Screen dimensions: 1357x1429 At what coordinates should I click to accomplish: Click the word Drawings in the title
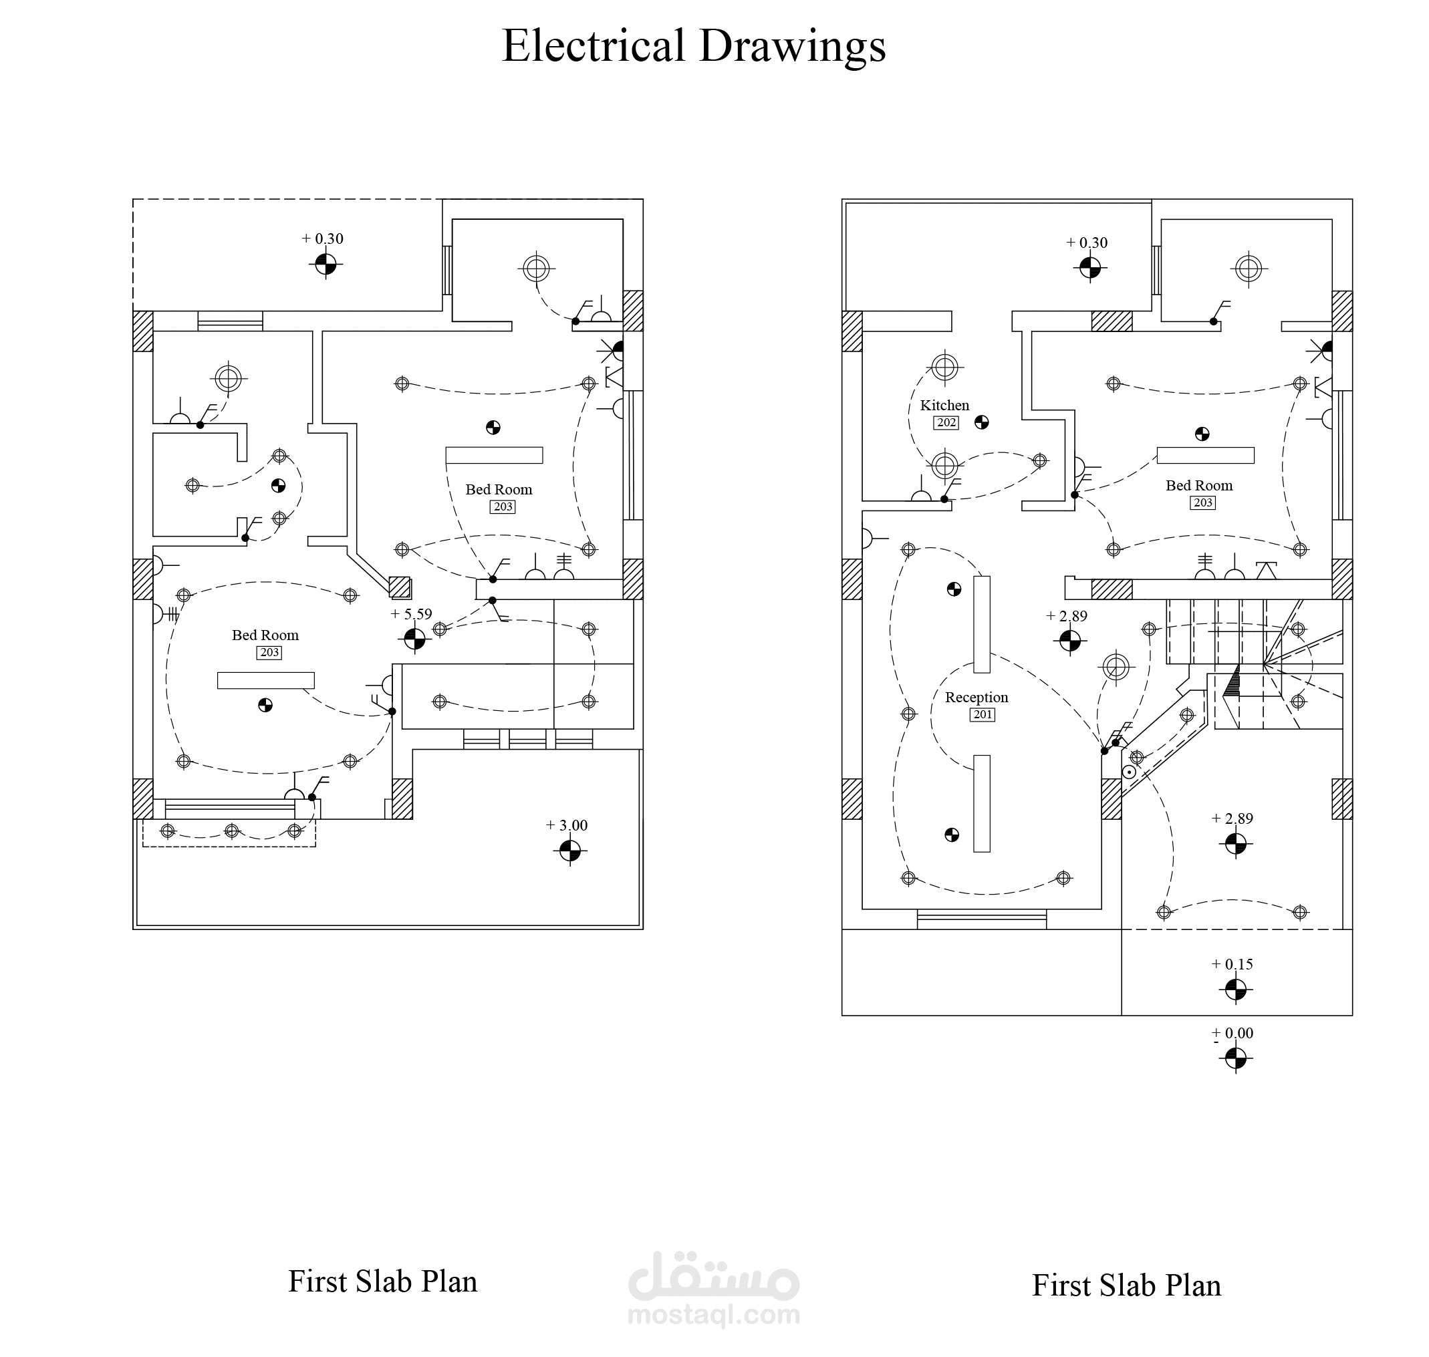792,47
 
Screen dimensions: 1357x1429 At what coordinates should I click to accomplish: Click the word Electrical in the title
594,45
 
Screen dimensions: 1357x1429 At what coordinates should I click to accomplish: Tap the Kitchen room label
944,405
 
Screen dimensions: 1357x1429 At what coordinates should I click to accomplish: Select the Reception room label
976,698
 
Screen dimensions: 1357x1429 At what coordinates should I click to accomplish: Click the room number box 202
946,422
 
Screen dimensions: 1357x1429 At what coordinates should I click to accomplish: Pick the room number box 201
983,715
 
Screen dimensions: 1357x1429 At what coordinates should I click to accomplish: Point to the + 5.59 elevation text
411,614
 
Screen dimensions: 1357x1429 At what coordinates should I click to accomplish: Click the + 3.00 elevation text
567,825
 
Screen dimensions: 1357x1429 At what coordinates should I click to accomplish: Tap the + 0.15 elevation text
1232,964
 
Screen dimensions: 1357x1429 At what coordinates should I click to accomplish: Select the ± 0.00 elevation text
1232,1034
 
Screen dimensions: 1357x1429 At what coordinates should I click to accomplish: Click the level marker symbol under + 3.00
570,851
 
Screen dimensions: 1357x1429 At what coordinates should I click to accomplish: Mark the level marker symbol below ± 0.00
1236,1059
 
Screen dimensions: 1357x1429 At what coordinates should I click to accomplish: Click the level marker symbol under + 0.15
1236,990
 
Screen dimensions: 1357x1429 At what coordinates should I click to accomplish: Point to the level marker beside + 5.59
414,639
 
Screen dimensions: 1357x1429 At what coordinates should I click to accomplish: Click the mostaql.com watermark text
713,1314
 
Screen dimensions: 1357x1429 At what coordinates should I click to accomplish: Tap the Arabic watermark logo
713,1277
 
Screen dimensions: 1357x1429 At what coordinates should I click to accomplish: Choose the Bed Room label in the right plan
1199,485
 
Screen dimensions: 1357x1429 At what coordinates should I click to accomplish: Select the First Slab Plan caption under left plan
383,1281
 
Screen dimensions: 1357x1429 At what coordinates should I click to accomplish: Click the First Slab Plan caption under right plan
1126,1286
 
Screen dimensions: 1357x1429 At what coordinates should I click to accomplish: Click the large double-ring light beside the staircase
1116,666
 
